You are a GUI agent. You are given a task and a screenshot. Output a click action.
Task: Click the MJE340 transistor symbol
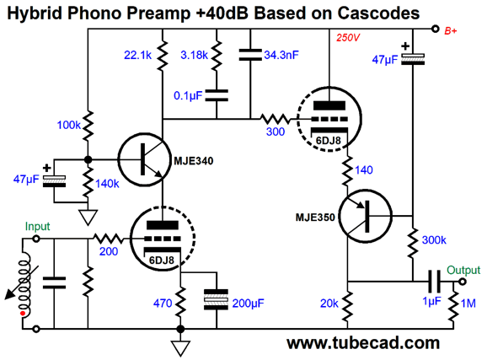(144, 159)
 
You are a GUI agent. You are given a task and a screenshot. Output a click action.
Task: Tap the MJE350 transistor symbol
(366, 216)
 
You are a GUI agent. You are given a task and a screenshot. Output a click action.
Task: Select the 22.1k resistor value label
(137, 55)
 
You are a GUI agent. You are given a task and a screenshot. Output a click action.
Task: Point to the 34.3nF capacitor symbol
(250, 55)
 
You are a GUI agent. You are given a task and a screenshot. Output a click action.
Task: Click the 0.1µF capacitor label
(188, 96)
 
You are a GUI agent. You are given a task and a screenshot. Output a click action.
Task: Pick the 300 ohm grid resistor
(275, 119)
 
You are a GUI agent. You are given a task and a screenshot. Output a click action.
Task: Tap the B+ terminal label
(451, 31)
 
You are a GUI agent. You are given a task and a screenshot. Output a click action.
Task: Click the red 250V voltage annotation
(347, 38)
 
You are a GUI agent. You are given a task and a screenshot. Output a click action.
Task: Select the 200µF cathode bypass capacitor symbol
(217, 299)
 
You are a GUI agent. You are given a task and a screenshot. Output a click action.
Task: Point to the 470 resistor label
(163, 304)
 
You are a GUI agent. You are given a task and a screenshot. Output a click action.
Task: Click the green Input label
(38, 227)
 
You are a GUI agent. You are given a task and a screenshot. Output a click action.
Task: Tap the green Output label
(463, 270)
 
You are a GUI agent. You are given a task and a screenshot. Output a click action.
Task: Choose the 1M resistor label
(468, 304)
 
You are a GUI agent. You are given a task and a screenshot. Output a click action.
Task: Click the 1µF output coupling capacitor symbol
(434, 282)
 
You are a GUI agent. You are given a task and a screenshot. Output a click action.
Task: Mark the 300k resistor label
(434, 240)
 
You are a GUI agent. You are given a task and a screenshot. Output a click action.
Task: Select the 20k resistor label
(329, 304)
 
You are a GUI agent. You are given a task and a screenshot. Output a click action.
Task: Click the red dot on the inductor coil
(23, 314)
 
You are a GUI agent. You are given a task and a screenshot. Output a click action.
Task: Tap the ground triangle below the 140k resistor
(88, 217)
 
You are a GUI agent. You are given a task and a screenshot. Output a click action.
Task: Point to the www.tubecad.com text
(363, 343)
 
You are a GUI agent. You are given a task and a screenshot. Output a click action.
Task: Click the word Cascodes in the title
(378, 13)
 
